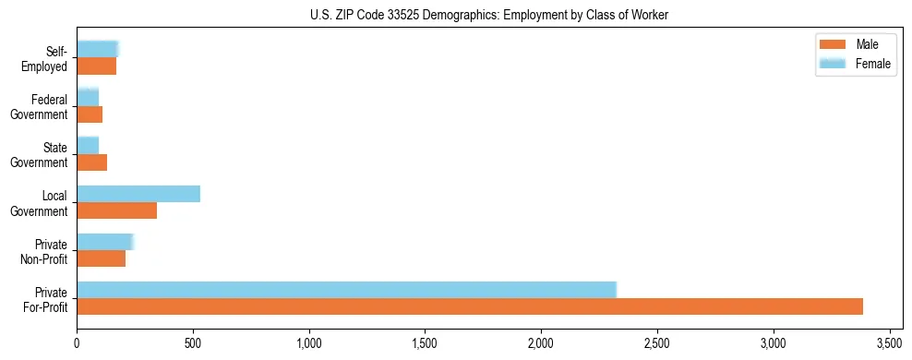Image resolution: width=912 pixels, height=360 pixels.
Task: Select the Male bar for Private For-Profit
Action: (470, 306)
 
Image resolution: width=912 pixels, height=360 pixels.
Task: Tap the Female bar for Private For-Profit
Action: (346, 289)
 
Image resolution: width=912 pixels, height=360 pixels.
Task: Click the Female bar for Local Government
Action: (138, 194)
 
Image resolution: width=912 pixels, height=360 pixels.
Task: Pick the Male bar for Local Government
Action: (116, 210)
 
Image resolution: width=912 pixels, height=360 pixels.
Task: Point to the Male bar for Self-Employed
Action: (96, 66)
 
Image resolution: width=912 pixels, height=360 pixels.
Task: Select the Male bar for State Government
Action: (91, 162)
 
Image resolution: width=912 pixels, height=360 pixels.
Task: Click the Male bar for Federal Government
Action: (90, 114)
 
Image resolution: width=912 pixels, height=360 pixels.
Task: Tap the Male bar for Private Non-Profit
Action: (101, 258)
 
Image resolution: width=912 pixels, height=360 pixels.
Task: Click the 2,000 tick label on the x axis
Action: (541, 343)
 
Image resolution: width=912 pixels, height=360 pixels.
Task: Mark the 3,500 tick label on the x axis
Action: (889, 343)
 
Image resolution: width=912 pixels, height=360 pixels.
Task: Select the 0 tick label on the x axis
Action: (77, 343)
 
